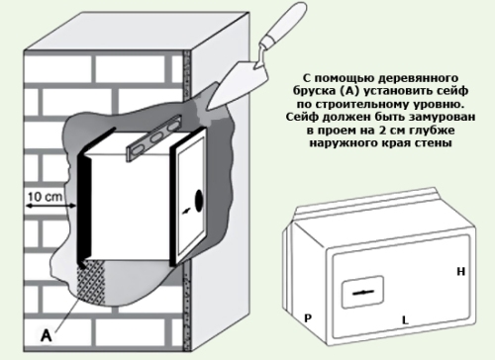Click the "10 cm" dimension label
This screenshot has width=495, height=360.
click(45, 197)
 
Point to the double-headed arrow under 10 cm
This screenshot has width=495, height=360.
click(51, 207)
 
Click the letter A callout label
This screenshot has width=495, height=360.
click(47, 336)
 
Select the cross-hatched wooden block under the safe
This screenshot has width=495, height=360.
click(91, 281)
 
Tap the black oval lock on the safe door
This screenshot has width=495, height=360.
click(199, 201)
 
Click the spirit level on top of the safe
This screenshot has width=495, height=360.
click(153, 137)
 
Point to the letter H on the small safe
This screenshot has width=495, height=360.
click(460, 271)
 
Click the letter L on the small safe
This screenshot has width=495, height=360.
click(405, 319)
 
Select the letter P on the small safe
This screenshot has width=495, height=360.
click(308, 318)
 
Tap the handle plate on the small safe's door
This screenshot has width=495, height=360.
click(363, 292)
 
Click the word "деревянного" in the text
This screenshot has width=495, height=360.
click(418, 78)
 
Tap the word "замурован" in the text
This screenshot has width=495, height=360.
click(443, 117)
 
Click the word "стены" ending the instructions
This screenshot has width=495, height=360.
click(435, 143)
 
